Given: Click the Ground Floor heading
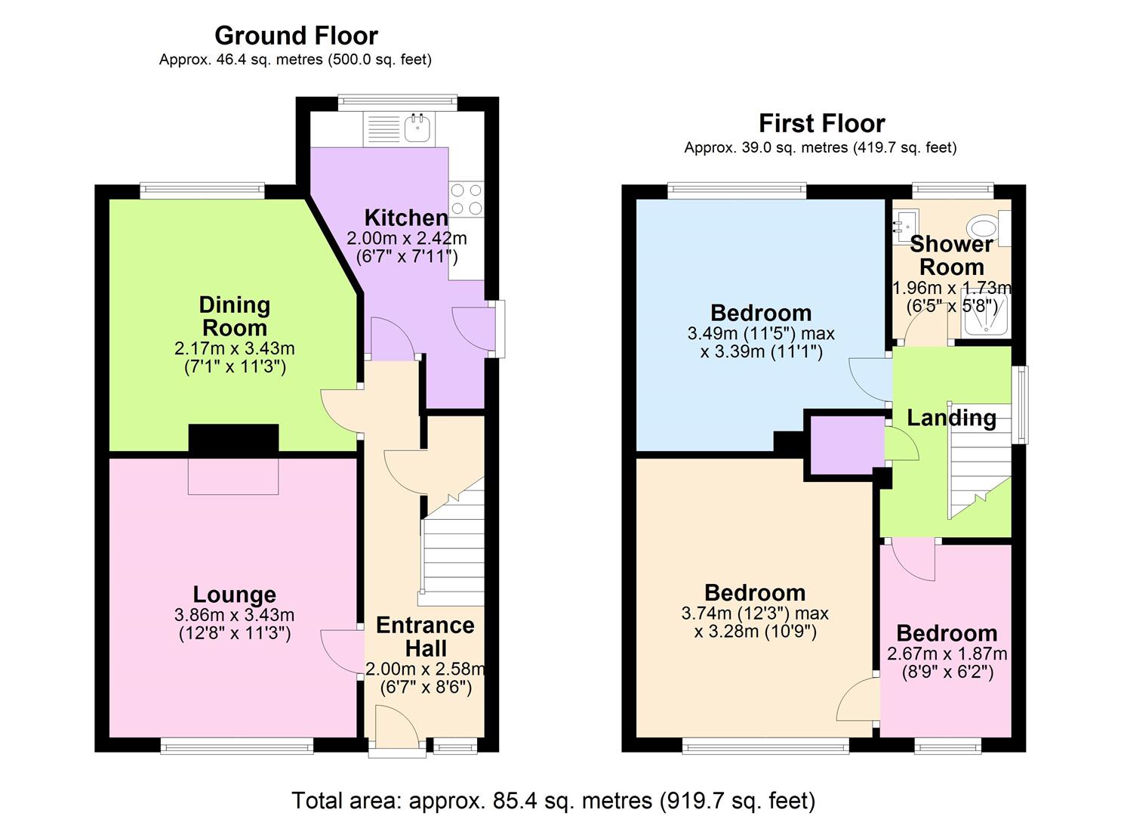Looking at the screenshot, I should (296, 36).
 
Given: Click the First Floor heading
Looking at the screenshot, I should (821, 123).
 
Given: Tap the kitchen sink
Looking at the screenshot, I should (417, 128).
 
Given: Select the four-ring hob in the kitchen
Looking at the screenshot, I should (467, 199).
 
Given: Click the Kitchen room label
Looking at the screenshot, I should (406, 218).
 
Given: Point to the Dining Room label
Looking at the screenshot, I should (234, 316).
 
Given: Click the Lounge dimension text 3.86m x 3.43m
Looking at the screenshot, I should (234, 615).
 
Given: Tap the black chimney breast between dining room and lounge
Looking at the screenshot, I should (233, 440).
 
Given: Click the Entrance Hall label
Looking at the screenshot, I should (425, 636).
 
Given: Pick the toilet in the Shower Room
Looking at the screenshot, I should (983, 227).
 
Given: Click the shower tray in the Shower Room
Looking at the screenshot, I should (984, 317).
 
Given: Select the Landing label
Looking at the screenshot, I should (951, 418).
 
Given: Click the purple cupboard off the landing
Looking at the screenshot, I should (845, 445).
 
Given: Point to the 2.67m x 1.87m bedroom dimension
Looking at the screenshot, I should (947, 654).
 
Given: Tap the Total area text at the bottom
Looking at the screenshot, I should (553, 800).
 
